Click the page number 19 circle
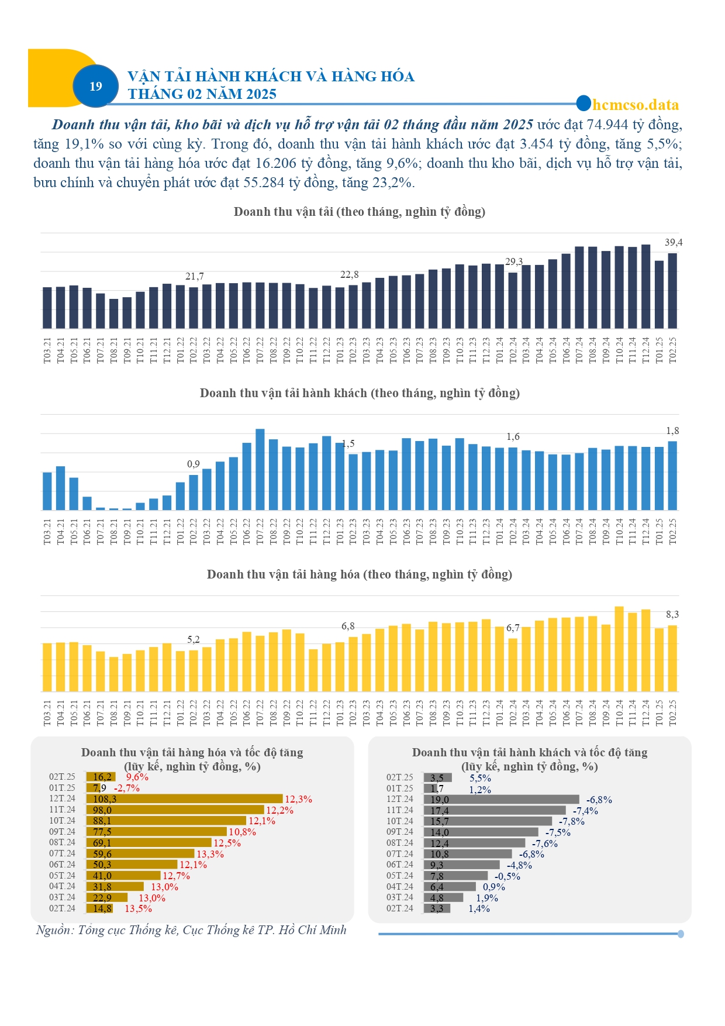click(x=95, y=86)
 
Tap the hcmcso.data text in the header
click(x=636, y=105)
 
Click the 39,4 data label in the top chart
click(x=674, y=242)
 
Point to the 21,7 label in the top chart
click(x=195, y=276)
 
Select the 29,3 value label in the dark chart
click(x=514, y=261)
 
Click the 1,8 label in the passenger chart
click(x=672, y=431)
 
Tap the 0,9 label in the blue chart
click(x=194, y=464)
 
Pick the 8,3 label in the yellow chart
click(x=672, y=614)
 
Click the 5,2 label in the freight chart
click(x=194, y=639)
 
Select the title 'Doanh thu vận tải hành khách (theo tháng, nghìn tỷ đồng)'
click(x=360, y=393)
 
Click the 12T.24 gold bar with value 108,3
click(x=185, y=798)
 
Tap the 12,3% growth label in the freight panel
click(x=298, y=799)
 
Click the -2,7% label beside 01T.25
click(x=126, y=788)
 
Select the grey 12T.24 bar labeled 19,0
click(x=502, y=799)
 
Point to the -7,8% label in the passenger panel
click(x=571, y=821)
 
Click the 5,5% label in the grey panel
click(x=480, y=778)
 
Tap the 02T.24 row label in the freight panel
click(x=62, y=908)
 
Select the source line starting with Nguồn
click(x=191, y=930)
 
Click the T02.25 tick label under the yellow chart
click(x=672, y=712)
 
